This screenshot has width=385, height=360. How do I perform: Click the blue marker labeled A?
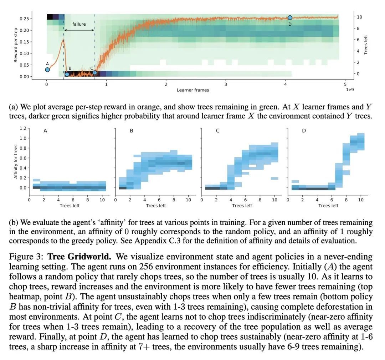tap(47, 70)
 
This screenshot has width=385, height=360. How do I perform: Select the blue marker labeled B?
tap(67, 74)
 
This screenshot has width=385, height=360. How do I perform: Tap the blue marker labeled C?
tap(95, 73)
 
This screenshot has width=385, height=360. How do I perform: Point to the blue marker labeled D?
tap(290, 17)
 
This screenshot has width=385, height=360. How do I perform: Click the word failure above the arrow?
tap(79, 24)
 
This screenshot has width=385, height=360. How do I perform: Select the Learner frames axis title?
tap(192, 90)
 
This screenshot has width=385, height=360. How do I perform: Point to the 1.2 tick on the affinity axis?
tap(23, 128)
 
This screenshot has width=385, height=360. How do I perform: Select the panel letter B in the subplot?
tap(132, 131)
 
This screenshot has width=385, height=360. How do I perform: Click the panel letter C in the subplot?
tap(218, 131)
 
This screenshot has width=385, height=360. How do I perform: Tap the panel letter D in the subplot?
tap(304, 131)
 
